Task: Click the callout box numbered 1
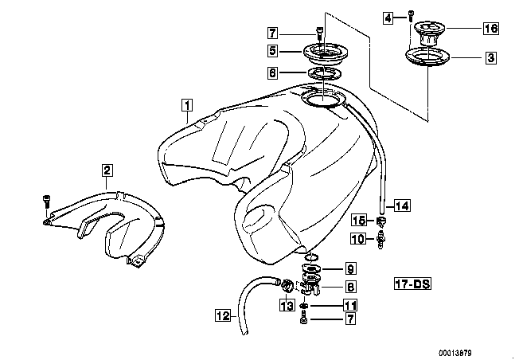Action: click(187, 105)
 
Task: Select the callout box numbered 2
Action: click(107, 170)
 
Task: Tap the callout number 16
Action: click(490, 28)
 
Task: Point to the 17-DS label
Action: click(413, 284)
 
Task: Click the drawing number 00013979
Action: click(455, 353)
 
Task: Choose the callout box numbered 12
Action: click(223, 315)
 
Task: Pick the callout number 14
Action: click(402, 205)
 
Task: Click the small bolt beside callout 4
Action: click(411, 16)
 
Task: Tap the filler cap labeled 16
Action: click(428, 33)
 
